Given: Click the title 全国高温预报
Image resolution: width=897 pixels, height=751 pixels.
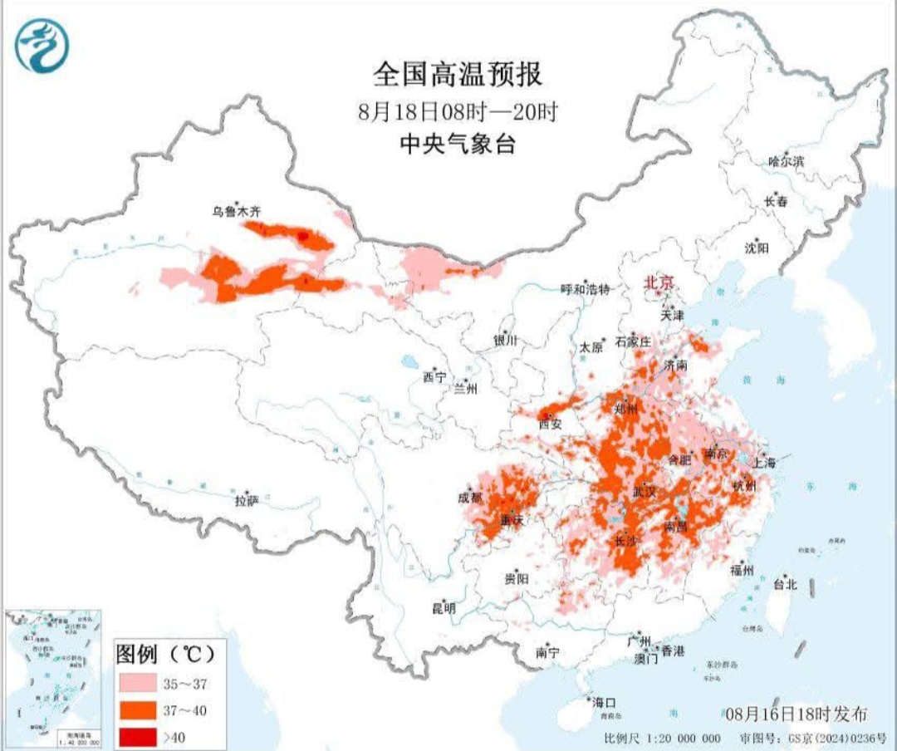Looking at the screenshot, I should click(458, 75).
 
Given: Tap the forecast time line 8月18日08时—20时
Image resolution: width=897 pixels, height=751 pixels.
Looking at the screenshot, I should click(458, 110).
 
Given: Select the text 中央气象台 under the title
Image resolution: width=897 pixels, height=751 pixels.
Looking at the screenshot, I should click(458, 144).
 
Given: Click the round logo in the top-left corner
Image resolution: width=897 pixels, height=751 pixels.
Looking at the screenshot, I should click(42, 44).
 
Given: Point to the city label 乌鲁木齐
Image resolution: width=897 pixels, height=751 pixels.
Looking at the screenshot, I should click(237, 213).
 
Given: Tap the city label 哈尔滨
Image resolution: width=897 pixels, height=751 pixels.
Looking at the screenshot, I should click(786, 162).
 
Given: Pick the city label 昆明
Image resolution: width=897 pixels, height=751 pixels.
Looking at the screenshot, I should click(444, 608).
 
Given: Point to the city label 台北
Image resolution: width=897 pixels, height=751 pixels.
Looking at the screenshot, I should click(784, 584).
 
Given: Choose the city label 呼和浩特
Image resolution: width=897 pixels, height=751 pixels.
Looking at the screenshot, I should click(585, 289).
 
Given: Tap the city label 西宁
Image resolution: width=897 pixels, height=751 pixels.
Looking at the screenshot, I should click(434, 377).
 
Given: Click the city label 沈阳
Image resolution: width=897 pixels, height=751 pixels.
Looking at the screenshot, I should click(757, 248).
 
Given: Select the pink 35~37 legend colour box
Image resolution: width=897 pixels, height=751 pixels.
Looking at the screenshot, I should click(136, 684).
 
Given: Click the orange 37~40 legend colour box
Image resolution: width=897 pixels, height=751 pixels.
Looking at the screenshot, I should click(136, 709).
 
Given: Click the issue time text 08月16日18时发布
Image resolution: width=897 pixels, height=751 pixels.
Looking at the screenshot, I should click(796, 714).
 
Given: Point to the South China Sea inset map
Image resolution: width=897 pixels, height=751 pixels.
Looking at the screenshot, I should click(54, 678).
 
